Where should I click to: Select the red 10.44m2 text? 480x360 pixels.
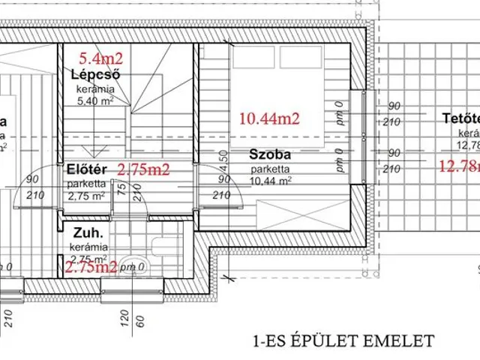[269, 118]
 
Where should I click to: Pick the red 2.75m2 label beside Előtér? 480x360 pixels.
[144, 169]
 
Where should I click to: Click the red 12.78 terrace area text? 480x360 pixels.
[459, 166]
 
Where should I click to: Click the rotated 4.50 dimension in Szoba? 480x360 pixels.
[222, 160]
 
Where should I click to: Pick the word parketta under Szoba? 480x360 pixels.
[268, 169]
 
